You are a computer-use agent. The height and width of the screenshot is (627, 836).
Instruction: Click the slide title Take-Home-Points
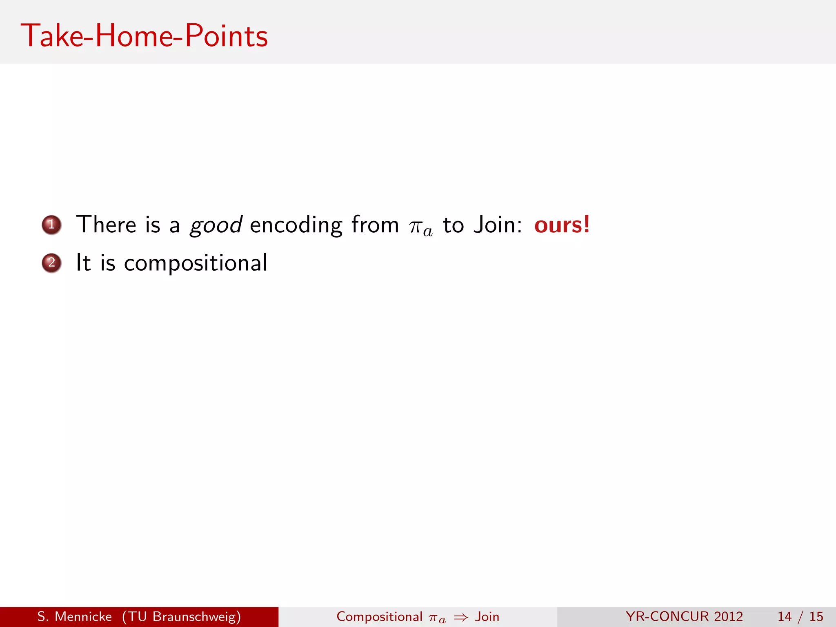[145, 36]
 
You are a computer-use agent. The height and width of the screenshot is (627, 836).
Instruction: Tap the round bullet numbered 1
[51, 225]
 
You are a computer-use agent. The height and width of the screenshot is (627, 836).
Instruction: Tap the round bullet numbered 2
[51, 263]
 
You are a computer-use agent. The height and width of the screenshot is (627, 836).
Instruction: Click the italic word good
[216, 225]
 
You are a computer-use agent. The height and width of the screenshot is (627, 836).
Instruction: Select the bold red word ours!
[562, 225]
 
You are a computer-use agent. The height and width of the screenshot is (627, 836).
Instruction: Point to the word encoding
[296, 225]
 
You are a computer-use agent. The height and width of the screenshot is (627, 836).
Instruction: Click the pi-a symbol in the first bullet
[420, 227]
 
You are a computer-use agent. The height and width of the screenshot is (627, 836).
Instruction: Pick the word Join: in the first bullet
[498, 225]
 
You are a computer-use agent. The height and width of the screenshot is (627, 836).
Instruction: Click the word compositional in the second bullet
[196, 263]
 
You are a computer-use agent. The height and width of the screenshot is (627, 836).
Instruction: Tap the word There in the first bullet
[106, 225]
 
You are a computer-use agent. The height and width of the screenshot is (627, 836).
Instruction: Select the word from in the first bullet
[375, 225]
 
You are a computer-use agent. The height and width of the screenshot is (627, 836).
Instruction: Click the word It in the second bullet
[83, 262]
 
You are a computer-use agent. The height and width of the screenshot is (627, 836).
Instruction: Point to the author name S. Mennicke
[74, 616]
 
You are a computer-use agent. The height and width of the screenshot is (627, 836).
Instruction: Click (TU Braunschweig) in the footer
[181, 617]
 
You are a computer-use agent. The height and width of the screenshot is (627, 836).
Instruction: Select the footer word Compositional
[379, 616]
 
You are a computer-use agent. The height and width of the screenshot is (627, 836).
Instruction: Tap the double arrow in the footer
[461, 618]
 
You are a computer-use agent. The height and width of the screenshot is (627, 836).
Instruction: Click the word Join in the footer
[487, 616]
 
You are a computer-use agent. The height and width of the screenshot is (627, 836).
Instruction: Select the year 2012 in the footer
[729, 616]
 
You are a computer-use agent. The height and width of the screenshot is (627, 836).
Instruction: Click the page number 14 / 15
[800, 616]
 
